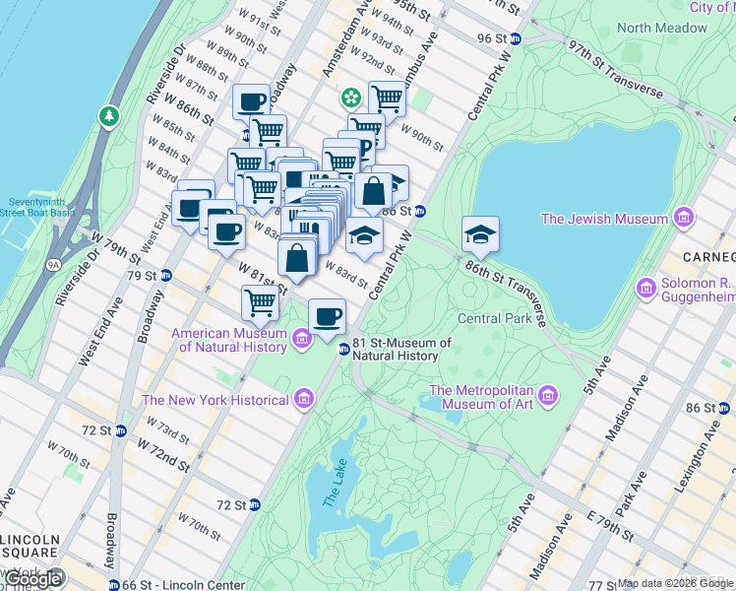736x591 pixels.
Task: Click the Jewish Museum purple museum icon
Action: [683, 218]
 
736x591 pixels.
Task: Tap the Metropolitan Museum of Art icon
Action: [549, 396]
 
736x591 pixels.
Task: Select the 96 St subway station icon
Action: [516, 38]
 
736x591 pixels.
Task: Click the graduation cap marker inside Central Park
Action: [480, 234]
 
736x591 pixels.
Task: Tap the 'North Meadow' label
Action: [663, 28]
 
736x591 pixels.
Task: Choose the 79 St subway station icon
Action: [166, 275]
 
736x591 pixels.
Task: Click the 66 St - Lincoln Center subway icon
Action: [114, 585]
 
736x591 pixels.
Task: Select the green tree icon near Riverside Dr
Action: [108, 117]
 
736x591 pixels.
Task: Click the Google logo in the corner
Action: [32, 578]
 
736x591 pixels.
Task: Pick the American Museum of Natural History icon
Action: [302, 340]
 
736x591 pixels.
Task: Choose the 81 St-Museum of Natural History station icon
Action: [344, 350]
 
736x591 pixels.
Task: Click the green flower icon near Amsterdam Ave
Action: [349, 98]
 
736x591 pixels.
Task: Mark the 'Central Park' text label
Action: [494, 318]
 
